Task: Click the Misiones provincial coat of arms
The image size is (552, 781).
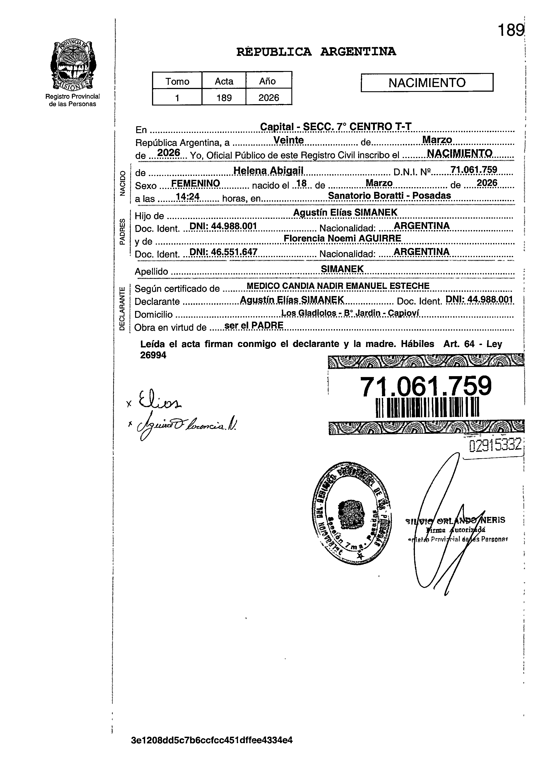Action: click(x=72, y=65)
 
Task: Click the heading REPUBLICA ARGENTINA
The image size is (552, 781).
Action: click(x=316, y=52)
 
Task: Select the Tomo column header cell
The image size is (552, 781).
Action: click(x=177, y=81)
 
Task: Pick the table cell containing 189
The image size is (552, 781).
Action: click(x=224, y=98)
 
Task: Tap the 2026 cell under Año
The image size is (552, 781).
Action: click(x=269, y=98)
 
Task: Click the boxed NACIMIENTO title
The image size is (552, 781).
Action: click(x=427, y=83)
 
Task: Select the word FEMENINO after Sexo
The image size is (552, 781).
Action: click(x=196, y=184)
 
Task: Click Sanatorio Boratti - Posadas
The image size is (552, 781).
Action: click(x=390, y=196)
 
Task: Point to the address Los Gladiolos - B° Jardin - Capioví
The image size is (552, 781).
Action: click(x=350, y=313)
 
